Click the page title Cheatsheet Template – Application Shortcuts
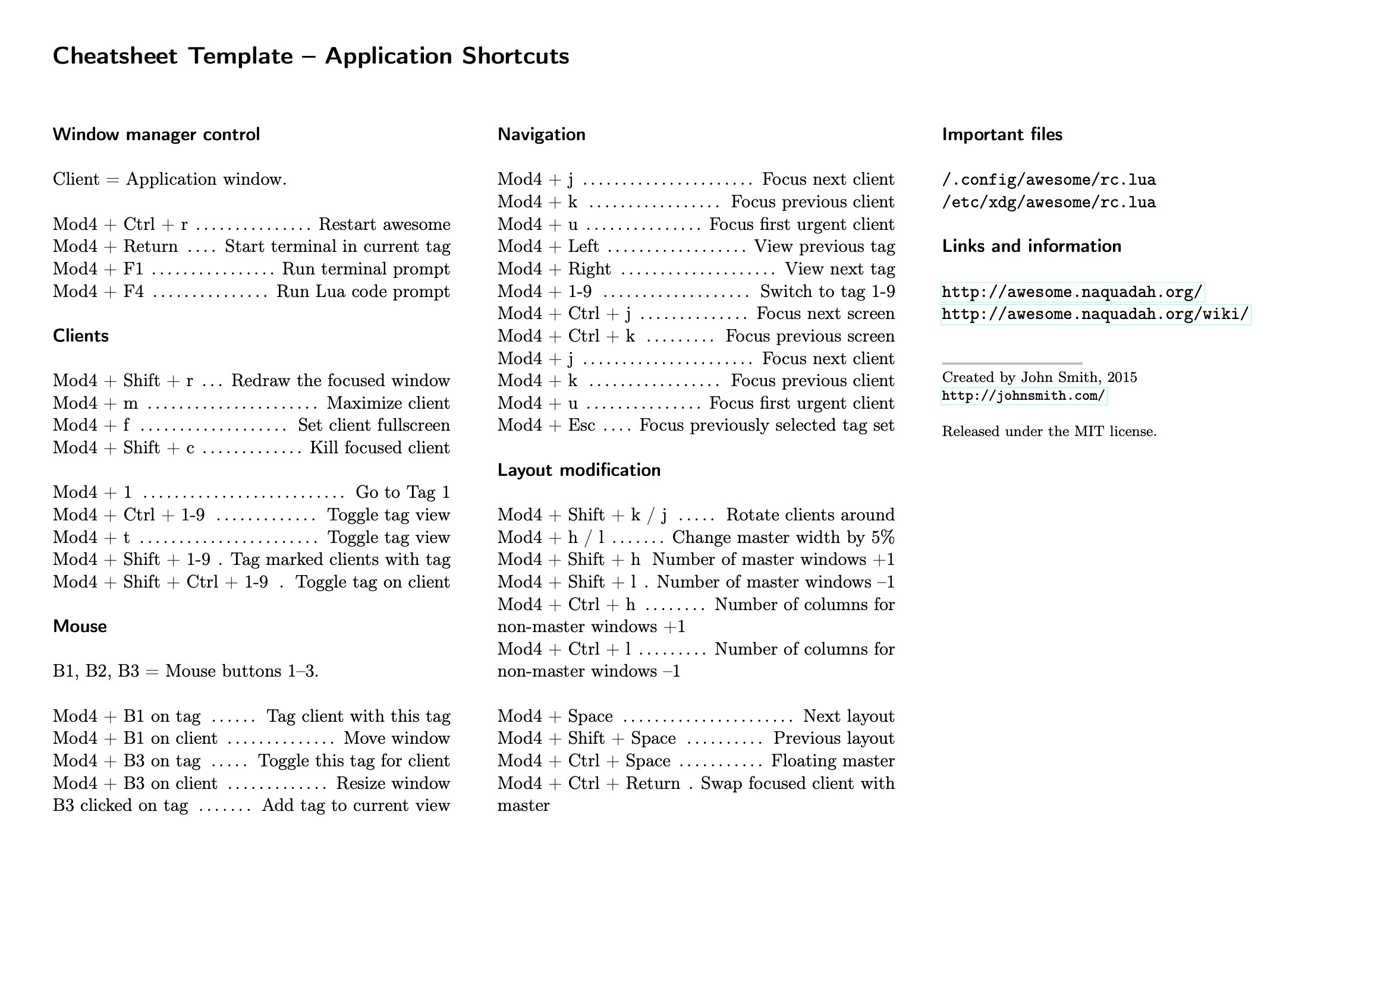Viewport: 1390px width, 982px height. click(x=310, y=56)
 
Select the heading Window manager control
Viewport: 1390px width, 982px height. click(x=156, y=134)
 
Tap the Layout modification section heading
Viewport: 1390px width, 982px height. click(x=578, y=470)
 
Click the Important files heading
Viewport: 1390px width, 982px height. click(x=1002, y=134)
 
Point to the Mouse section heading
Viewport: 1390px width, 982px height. click(x=80, y=626)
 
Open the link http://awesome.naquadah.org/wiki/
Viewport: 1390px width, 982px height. click(x=1095, y=315)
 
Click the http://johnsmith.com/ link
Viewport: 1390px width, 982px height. click(x=1024, y=396)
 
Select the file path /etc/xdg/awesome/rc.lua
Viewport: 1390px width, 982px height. click(x=1049, y=202)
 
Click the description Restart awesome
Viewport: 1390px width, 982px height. click(x=385, y=225)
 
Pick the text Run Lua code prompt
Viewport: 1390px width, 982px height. click(x=363, y=292)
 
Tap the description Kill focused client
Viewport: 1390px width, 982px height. click(x=379, y=448)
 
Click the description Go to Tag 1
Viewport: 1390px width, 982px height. click(x=402, y=492)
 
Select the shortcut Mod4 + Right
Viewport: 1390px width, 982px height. click(x=554, y=269)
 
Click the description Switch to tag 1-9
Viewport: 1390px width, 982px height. click(x=827, y=292)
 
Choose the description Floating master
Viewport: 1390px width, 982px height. click(x=832, y=761)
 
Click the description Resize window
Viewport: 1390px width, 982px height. click(x=393, y=784)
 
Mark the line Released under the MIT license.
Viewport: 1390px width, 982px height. click(x=1049, y=431)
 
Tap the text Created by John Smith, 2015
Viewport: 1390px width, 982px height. click(x=1039, y=378)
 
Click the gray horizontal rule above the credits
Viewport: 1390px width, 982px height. click(x=1012, y=364)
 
